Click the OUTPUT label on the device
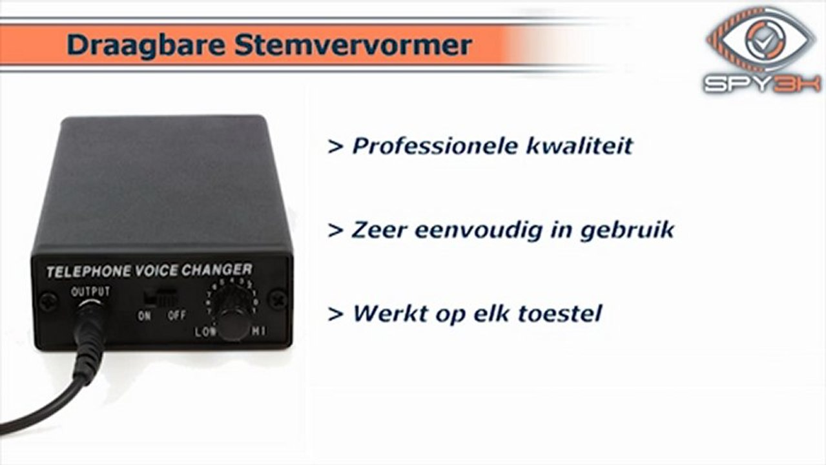(90, 292)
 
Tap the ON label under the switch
(145, 316)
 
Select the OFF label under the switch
(176, 316)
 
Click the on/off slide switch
(161, 298)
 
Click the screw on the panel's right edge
(278, 300)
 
